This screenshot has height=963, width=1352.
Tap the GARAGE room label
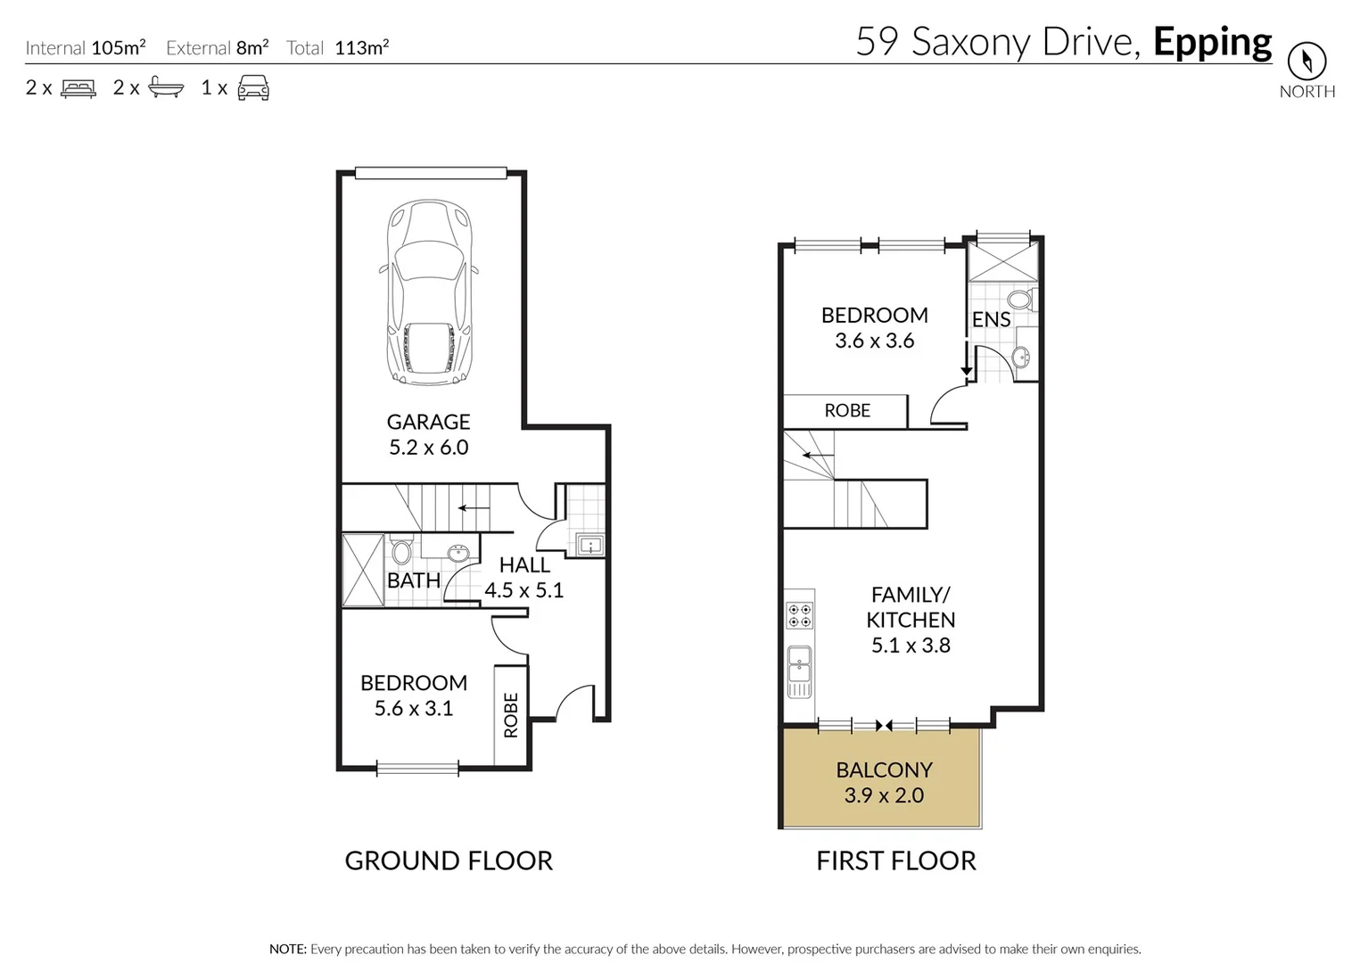point(428,422)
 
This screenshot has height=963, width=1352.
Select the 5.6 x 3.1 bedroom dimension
point(414,709)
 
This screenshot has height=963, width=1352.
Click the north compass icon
point(1307,62)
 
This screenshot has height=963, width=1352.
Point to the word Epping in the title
point(1212,43)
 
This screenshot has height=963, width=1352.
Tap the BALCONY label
point(884,770)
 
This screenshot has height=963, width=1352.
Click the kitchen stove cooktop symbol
point(799,615)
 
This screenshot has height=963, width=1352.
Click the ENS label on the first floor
point(991,319)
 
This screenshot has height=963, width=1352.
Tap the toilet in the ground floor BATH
point(401,551)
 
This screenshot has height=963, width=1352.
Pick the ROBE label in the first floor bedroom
point(846,410)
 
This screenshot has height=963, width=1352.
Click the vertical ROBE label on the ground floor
point(511,715)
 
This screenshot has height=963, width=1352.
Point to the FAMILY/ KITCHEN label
point(911,607)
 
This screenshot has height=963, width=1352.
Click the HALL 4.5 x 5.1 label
point(523,577)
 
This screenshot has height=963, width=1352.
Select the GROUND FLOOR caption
point(449,860)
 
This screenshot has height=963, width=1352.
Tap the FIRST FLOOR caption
point(895,860)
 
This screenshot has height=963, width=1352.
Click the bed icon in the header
point(78,88)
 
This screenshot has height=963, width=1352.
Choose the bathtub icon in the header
point(166,87)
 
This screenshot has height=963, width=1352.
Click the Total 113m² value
point(361,48)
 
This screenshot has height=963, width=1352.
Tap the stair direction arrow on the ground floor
point(474,508)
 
